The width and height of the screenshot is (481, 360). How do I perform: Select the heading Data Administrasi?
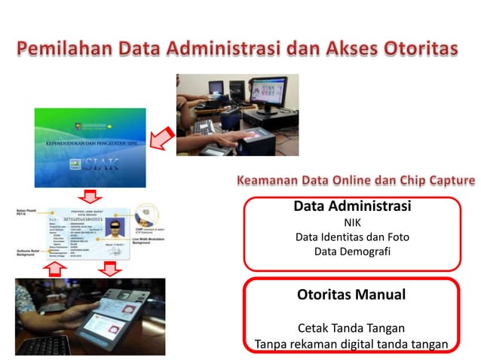pos(351,206)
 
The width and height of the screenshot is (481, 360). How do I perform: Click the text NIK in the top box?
pos(352,222)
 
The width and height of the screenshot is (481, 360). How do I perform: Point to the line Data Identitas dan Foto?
pos(352,236)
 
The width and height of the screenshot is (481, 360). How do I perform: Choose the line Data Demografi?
pos(352,251)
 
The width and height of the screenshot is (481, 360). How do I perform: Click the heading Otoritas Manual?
pos(351,294)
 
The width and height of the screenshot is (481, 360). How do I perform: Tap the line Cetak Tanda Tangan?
pos(351,328)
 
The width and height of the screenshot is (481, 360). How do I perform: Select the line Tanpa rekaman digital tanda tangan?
pos(351,344)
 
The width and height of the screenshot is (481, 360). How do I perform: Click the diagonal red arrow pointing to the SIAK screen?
pos(161,138)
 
